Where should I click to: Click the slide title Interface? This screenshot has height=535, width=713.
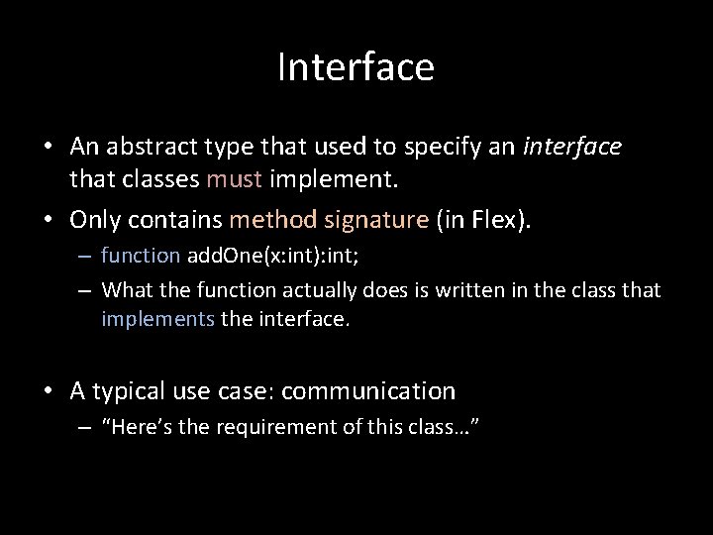coord(356,67)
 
